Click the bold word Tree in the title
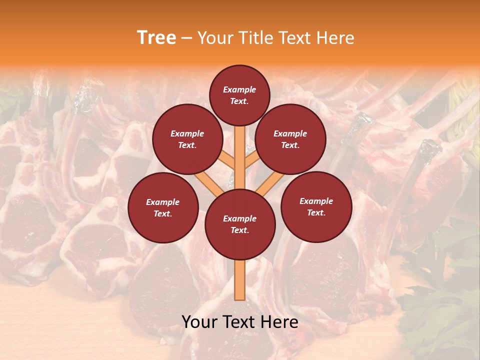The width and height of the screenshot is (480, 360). point(156,38)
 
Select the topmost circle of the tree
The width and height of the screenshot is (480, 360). point(239,95)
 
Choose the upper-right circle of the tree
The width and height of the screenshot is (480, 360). point(290,139)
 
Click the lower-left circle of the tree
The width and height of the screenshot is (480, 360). point(163,207)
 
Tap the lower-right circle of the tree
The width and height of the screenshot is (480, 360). point(316,206)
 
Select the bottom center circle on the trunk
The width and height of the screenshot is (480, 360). point(240,224)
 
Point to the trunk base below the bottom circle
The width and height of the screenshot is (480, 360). point(239,280)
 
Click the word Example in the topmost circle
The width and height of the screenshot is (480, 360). point(239,89)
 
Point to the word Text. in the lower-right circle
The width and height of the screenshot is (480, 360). point(316,212)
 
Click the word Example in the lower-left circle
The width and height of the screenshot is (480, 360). point(162,202)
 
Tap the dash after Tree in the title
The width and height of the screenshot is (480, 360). point(186,38)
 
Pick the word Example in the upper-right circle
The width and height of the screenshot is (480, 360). point(290,133)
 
